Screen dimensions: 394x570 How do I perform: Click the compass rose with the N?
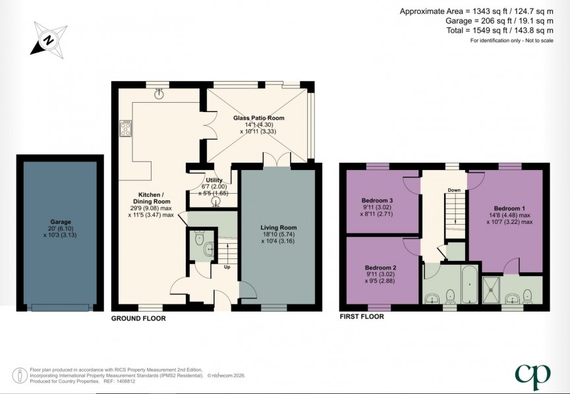tap(47, 38)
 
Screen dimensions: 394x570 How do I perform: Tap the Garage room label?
tap(60, 222)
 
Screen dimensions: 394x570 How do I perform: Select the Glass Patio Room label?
tap(258, 118)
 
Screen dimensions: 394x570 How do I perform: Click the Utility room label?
tap(214, 180)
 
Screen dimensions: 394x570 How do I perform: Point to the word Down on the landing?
tap(454, 190)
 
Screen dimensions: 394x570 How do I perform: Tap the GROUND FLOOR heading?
tap(138, 318)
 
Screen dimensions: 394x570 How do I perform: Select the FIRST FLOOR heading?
tap(361, 316)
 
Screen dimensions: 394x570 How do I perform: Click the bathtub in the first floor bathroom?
tap(469, 283)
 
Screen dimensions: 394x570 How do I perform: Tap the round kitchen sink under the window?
tap(159, 94)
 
